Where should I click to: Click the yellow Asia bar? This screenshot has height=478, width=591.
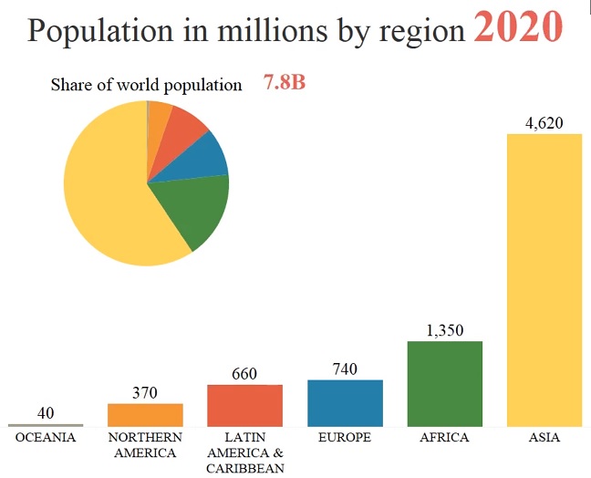544,279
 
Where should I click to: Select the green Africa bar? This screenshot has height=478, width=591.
444,383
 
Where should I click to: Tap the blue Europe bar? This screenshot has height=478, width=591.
345,402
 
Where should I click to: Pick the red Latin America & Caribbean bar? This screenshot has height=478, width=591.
244,405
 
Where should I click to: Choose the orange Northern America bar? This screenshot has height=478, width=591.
145,414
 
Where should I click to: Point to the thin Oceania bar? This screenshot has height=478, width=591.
46,425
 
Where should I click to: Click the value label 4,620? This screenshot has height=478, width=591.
544,122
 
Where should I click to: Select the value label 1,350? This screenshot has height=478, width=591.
444,330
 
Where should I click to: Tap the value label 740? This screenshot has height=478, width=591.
345,369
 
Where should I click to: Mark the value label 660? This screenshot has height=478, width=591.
244,373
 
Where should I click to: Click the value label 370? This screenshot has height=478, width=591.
145,392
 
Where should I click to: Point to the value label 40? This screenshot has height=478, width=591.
46,413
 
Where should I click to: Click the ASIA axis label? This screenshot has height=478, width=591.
544,438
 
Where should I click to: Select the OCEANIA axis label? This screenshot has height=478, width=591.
46,438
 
